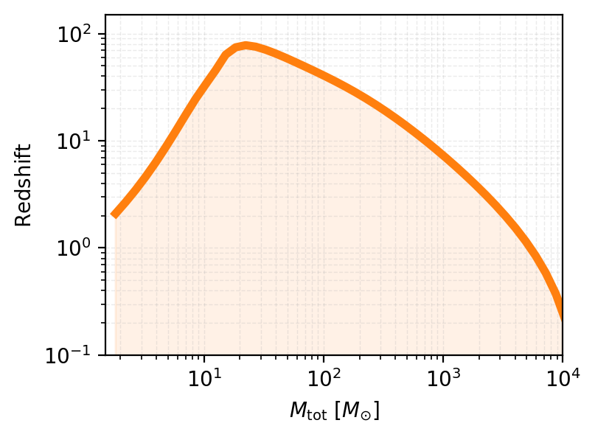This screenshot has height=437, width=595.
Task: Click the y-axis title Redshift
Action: point(24,185)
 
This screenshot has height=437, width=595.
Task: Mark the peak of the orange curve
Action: point(245,46)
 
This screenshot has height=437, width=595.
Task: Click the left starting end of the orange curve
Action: point(115,214)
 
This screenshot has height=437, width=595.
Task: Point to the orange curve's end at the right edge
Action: point(561,310)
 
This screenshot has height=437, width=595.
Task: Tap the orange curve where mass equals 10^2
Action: point(323,74)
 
